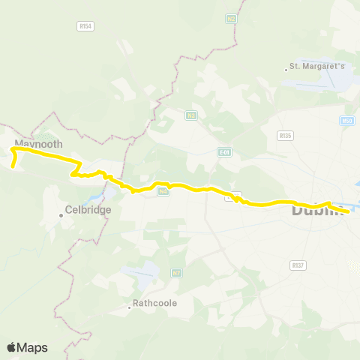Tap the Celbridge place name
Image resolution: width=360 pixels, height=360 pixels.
click(x=88, y=210)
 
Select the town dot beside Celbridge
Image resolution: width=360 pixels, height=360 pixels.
click(x=61, y=216)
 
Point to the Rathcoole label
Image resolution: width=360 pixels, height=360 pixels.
click(x=153, y=305)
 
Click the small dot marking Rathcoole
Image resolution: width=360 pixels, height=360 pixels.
click(x=129, y=306)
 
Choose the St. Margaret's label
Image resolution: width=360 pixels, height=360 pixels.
click(x=318, y=67)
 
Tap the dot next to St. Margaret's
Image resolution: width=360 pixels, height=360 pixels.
click(x=287, y=70)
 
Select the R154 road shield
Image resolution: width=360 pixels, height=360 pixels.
click(x=85, y=25)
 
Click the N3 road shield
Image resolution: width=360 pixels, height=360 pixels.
click(x=192, y=115)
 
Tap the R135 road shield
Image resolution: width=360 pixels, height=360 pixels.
click(x=284, y=136)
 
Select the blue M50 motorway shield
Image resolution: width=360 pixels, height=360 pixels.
click(x=346, y=121)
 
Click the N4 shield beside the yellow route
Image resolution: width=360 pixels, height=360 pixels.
click(x=163, y=192)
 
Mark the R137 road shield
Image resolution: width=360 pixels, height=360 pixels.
click(x=298, y=265)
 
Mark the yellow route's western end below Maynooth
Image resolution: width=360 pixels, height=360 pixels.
click(x=13, y=163)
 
